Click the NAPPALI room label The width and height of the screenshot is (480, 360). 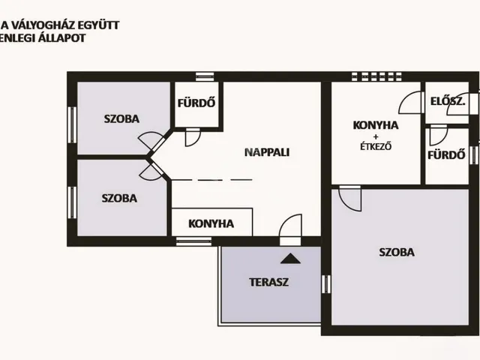(x=267, y=151)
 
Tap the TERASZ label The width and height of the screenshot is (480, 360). (x=269, y=283)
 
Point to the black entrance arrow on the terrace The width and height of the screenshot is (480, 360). (x=290, y=259)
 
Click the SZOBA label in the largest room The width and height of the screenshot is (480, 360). (x=397, y=253)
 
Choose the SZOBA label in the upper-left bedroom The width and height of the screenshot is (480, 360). (x=120, y=118)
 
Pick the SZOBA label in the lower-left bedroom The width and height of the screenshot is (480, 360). (x=120, y=199)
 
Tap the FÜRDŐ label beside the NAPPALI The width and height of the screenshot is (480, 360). (x=196, y=103)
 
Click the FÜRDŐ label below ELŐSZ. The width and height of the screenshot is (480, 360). (x=443, y=156)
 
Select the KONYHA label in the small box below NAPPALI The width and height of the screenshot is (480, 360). (x=211, y=223)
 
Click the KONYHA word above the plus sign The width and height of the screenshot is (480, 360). (x=376, y=124)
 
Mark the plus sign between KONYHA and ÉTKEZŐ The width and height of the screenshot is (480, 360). (x=376, y=136)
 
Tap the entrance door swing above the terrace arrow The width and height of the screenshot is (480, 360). (x=290, y=226)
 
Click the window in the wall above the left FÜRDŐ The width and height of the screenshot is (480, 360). (x=205, y=76)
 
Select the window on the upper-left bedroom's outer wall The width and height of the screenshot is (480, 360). (x=72, y=124)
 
